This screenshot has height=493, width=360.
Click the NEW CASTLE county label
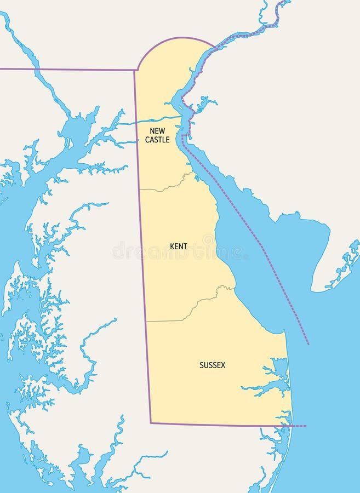pyautogui.click(x=157, y=135)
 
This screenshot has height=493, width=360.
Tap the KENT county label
pyautogui.click(x=178, y=246)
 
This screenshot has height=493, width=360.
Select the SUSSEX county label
pyautogui.click(x=212, y=365)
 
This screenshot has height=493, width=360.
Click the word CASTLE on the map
pyautogui.click(x=157, y=140)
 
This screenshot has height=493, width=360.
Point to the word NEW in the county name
pyautogui.click(x=157, y=131)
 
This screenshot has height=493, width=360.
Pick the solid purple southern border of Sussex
pyautogui.click(x=219, y=425)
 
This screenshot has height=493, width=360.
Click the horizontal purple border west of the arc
pyautogui.click(x=66, y=70)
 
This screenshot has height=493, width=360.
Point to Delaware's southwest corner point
pyautogui.click(x=151, y=423)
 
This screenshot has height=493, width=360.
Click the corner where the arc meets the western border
pyautogui.click(x=135, y=70)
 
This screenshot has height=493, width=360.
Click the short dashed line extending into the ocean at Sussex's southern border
pyautogui.click(x=299, y=426)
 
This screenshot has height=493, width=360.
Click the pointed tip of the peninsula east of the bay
pyautogui.click(x=312, y=290)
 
